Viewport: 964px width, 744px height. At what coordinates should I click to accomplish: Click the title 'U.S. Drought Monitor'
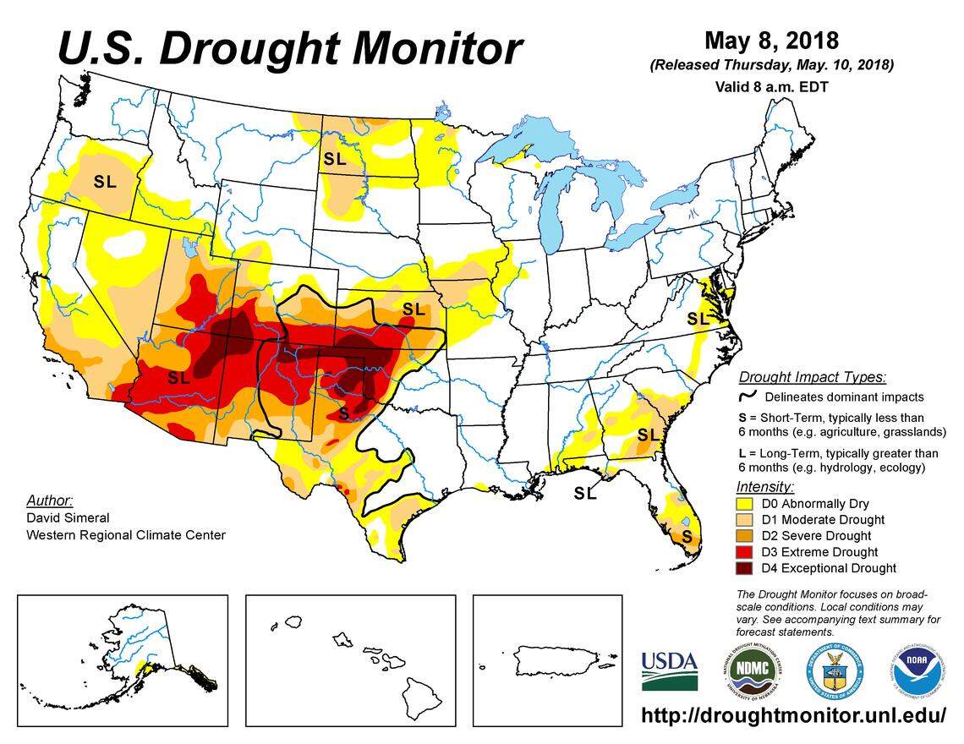click(x=289, y=47)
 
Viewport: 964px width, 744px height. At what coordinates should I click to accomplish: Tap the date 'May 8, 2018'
click(x=770, y=41)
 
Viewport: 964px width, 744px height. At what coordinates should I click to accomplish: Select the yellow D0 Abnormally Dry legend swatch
click(x=747, y=504)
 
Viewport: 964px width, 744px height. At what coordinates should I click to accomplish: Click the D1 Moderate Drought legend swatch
click(x=747, y=520)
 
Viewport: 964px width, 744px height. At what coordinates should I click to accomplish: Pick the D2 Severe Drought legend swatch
click(x=747, y=536)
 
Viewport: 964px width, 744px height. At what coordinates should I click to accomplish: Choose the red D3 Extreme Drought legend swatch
click(x=747, y=552)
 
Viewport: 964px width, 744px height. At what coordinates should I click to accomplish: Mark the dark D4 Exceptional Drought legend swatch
click(x=747, y=568)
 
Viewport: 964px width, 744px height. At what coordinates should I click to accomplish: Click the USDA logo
click(x=669, y=670)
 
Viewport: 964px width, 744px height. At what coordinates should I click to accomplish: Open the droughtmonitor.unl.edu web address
click(x=794, y=715)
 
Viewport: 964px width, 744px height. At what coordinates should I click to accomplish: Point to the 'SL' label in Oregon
click(x=105, y=181)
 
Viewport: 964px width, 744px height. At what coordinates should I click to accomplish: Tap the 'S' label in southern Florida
click(x=687, y=537)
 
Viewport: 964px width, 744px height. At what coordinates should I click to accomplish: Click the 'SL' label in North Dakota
click(x=335, y=158)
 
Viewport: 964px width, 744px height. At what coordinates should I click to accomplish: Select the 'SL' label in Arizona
click(x=178, y=378)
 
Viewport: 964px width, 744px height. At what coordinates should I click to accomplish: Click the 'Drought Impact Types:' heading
click(x=812, y=377)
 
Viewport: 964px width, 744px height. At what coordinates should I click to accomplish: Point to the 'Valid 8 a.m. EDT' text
click(x=770, y=86)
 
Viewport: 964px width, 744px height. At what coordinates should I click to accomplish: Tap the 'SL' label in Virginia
click(x=698, y=319)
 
